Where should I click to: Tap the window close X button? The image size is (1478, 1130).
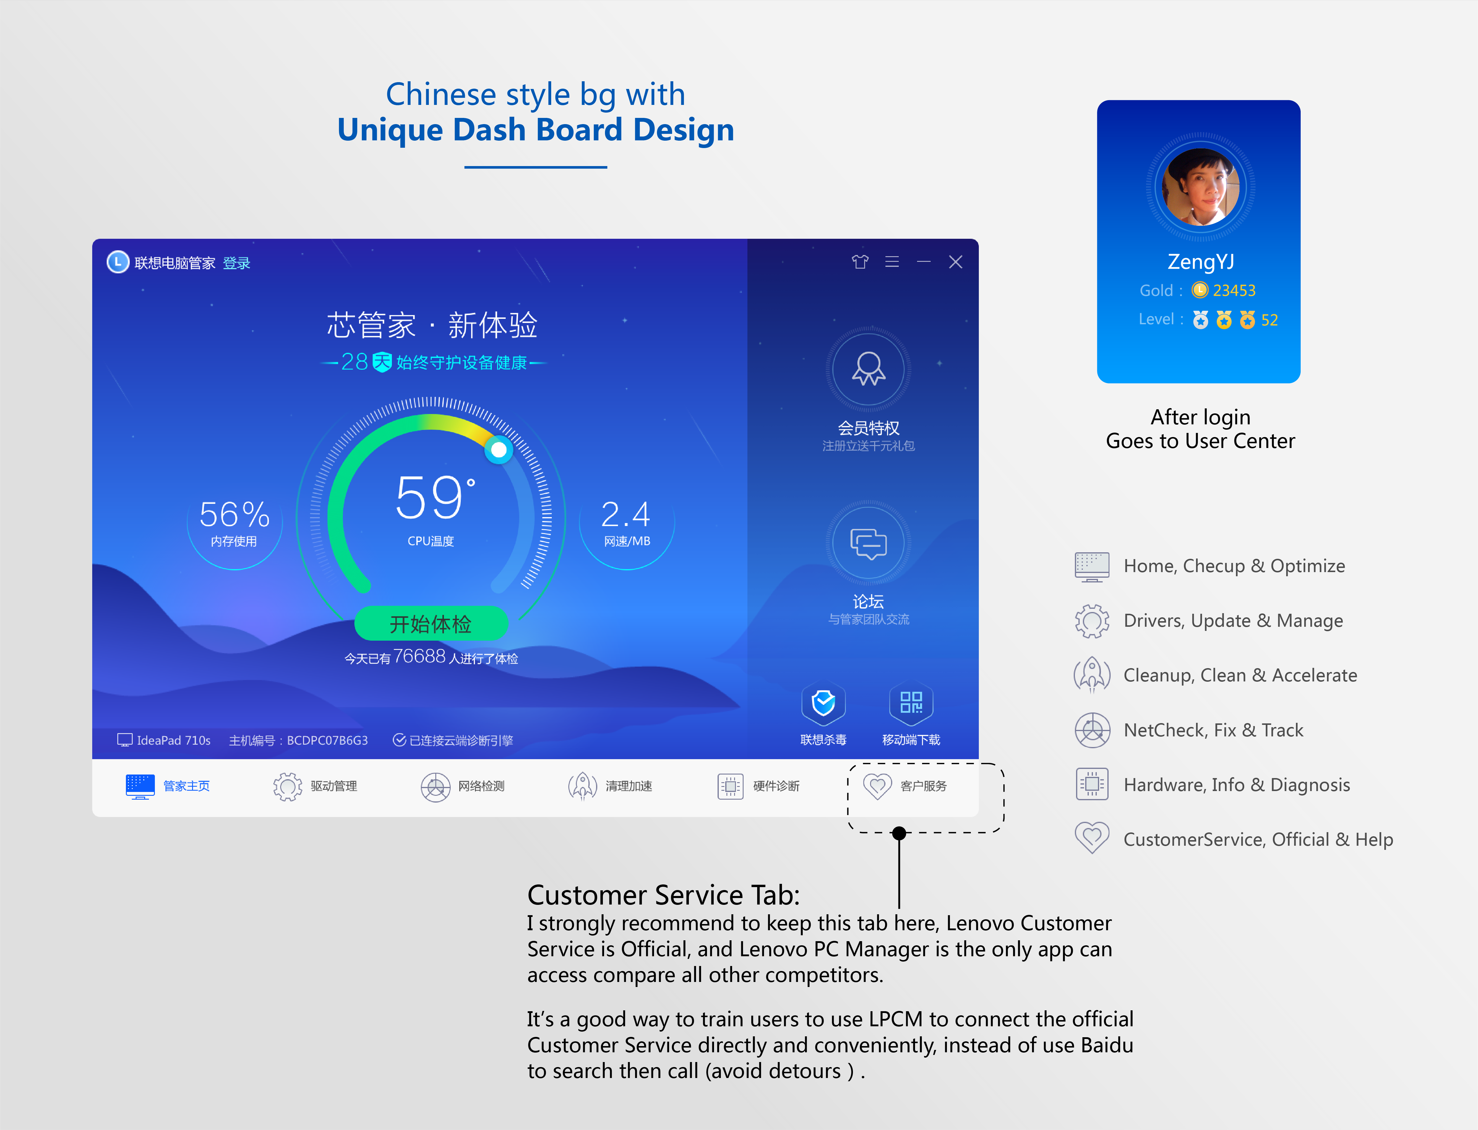(955, 262)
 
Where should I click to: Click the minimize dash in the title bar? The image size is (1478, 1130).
(924, 262)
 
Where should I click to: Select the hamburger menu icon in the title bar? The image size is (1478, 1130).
(892, 262)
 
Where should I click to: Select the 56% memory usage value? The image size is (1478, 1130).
(234, 514)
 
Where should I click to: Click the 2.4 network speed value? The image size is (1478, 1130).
(626, 514)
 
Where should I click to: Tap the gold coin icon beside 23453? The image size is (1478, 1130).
(1200, 290)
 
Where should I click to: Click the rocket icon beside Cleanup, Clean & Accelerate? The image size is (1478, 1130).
(1091, 675)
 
